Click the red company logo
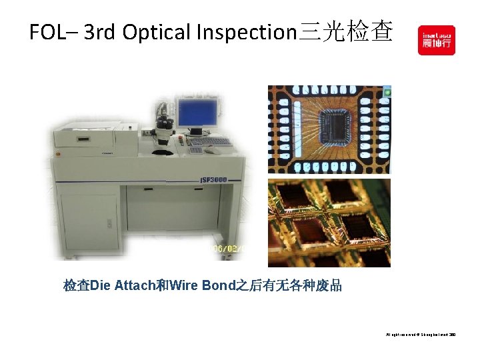(436, 40)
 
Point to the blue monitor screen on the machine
(197, 114)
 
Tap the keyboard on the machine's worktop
(208, 141)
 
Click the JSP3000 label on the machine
(214, 180)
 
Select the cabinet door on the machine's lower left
(89, 221)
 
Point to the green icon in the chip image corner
(387, 89)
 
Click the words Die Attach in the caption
(121, 286)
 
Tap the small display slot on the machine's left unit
(83, 139)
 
